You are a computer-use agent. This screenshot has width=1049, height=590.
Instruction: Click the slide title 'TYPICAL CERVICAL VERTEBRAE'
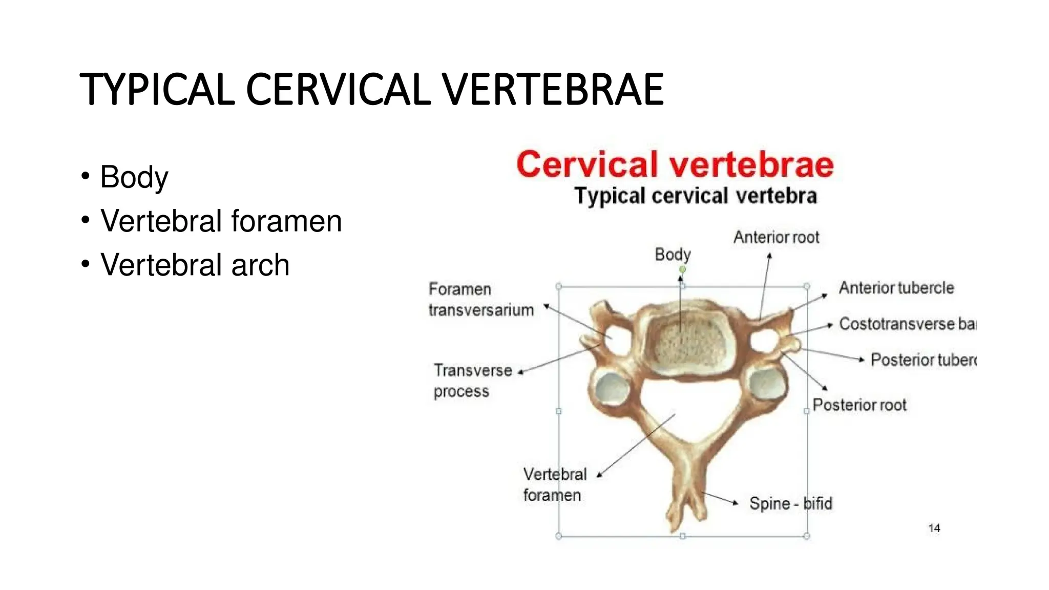tap(371, 90)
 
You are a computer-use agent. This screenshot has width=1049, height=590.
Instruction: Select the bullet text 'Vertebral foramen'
tap(221, 221)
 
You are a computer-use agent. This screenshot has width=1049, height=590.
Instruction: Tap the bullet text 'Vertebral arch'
tap(195, 265)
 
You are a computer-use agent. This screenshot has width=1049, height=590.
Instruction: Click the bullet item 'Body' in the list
tap(134, 177)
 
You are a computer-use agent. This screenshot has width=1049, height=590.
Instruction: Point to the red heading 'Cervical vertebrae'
tap(675, 164)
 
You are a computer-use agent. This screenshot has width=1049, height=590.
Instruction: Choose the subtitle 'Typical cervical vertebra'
tap(695, 196)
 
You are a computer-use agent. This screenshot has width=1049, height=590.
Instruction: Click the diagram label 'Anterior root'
tap(776, 237)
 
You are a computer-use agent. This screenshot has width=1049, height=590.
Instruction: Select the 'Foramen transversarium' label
tap(480, 300)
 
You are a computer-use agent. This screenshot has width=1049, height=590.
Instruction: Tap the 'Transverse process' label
tap(472, 381)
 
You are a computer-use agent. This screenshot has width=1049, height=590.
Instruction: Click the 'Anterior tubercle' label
tap(896, 288)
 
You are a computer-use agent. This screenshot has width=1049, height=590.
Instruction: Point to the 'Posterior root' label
tap(859, 405)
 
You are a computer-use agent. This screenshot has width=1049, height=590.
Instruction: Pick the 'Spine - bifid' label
tap(790, 503)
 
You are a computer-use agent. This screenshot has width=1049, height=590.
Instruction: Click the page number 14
tap(934, 528)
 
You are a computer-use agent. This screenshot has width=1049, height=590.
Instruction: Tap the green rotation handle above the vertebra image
tap(682, 269)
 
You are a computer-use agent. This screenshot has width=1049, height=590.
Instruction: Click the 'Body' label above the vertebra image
tap(673, 255)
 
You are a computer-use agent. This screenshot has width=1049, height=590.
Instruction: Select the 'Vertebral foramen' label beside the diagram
tap(554, 484)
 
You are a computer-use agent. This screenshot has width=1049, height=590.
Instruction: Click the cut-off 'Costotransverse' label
tap(907, 324)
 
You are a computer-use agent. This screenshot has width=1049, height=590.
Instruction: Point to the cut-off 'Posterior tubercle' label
tap(924, 360)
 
